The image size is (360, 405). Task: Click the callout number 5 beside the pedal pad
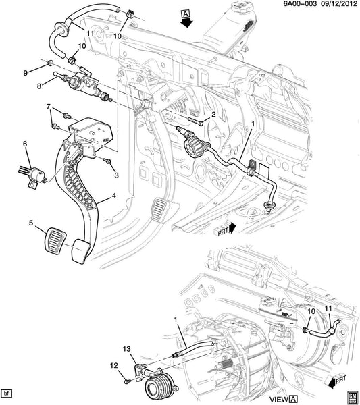pos(31,223)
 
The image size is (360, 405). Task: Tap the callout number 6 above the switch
pos(25,144)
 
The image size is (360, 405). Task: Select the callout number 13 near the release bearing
pos(127,349)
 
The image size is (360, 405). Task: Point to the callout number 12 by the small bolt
pos(114,365)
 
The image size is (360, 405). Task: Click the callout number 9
pos(25,73)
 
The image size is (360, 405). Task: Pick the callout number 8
pos(39,86)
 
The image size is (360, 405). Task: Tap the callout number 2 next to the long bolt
pos(213,115)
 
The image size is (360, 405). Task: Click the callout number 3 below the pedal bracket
pos(116,175)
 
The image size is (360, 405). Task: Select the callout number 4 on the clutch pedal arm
pos(113,196)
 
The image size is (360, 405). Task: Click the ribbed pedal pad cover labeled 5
pos(56,240)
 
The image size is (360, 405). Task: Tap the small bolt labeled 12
pos(126,381)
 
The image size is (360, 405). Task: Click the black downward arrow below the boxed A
pos(186,23)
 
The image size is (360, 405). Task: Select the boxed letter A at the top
pos(186,13)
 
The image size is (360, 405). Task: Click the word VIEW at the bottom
pos(279,400)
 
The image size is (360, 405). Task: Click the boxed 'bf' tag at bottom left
pos(7,394)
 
